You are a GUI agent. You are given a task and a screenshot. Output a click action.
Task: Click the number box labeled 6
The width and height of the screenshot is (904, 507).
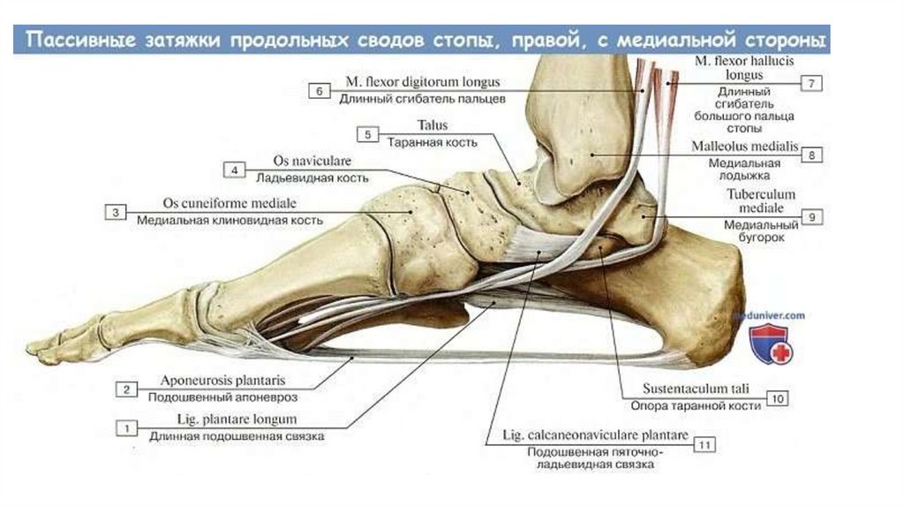click(x=319, y=90)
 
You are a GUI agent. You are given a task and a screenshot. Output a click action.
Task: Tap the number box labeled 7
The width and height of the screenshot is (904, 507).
click(x=811, y=84)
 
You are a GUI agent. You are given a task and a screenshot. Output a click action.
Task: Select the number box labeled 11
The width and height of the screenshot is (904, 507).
click(x=704, y=444)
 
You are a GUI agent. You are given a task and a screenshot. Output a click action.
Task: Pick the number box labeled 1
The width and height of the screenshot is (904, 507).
click(x=127, y=428)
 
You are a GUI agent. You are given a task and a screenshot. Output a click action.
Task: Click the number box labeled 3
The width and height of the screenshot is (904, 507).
click(x=115, y=212)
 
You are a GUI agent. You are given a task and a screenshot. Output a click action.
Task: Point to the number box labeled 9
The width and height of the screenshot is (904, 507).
click(x=812, y=216)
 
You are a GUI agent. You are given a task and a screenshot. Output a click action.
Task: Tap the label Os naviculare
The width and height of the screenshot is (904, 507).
click(x=300, y=162)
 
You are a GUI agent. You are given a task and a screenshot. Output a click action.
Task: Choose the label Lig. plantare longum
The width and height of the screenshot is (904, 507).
click(x=222, y=420)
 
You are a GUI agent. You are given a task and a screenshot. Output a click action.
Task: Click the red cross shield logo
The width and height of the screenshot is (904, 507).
click(x=770, y=344)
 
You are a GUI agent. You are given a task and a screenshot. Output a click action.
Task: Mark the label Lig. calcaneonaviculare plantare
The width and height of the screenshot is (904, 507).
click(x=594, y=436)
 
